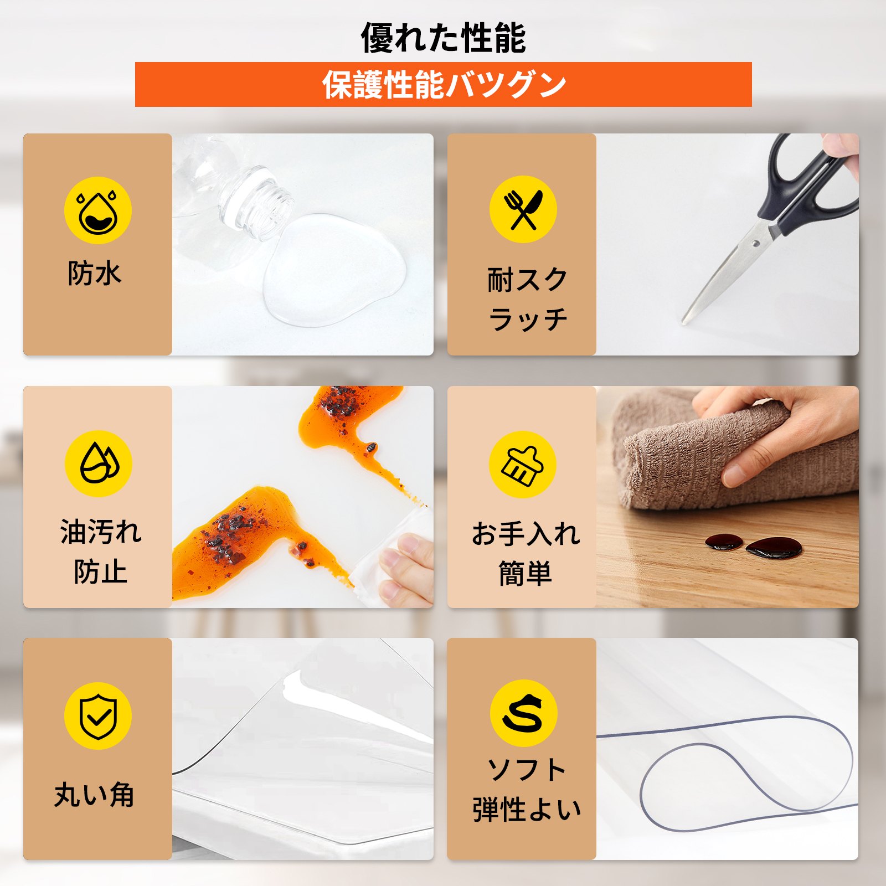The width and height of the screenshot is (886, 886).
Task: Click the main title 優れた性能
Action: click(x=443, y=38)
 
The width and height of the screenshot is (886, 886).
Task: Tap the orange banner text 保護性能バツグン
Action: click(x=444, y=85)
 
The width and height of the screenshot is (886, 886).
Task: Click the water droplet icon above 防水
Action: click(x=98, y=210)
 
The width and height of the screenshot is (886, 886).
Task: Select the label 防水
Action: click(x=95, y=274)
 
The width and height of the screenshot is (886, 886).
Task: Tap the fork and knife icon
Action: click(x=523, y=209)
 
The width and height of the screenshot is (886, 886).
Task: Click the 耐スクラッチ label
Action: click(x=528, y=299)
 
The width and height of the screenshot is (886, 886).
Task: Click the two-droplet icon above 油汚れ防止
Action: click(x=99, y=463)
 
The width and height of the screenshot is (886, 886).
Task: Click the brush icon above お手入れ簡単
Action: click(x=522, y=465)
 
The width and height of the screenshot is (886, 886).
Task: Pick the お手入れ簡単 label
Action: click(x=526, y=553)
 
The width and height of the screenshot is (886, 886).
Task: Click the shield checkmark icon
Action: click(x=98, y=716)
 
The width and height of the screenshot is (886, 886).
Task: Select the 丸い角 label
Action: click(x=95, y=795)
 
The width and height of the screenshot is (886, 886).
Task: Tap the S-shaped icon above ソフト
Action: click(x=523, y=713)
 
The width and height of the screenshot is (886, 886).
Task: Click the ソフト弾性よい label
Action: click(x=527, y=789)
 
